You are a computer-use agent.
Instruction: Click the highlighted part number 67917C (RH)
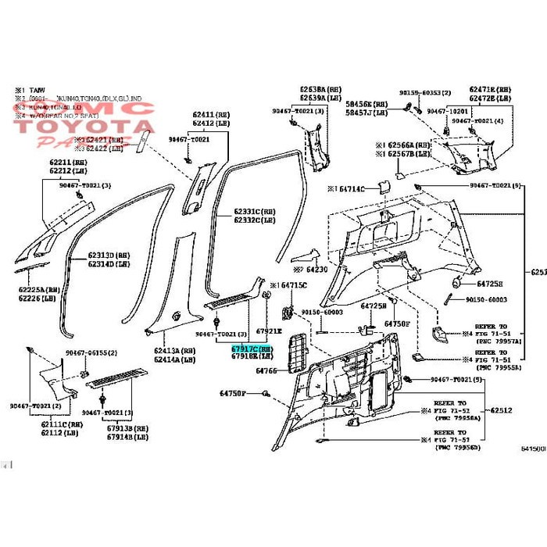click(x=250, y=349)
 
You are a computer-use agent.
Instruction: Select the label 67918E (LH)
click(x=250, y=356)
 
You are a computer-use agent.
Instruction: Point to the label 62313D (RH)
click(x=106, y=256)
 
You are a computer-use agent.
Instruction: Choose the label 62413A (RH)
click(x=173, y=351)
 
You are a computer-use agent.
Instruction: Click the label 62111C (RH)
click(x=59, y=424)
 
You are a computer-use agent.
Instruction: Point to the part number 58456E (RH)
click(x=366, y=104)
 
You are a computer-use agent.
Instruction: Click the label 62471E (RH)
click(x=490, y=91)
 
